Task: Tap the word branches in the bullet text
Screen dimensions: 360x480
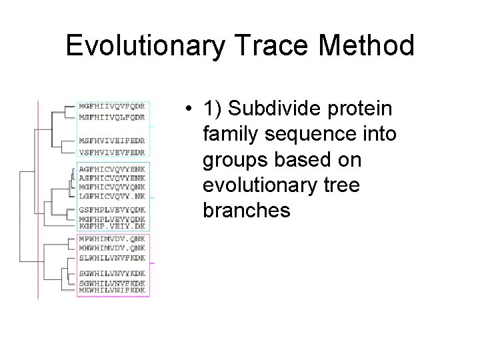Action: pos(247,211)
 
